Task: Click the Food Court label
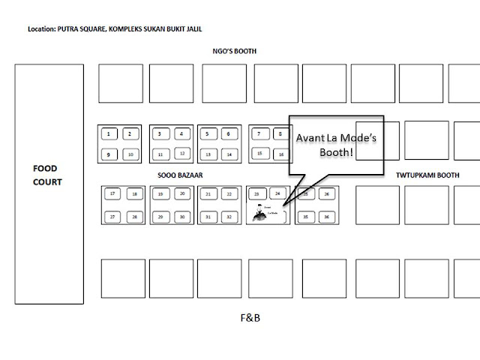(49, 175)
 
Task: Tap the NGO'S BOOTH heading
(233, 52)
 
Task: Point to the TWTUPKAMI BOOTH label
(427, 175)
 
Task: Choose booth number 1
(109, 134)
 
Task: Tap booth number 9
(109, 154)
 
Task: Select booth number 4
(181, 134)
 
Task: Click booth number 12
(181, 154)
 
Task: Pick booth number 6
(228, 134)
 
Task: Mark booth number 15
(259, 153)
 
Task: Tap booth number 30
(181, 216)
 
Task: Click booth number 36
(326, 216)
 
